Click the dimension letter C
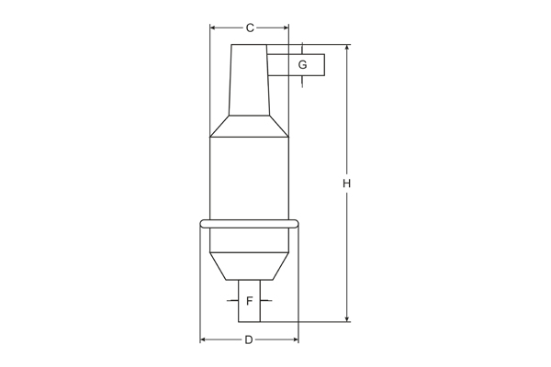tap(250, 28)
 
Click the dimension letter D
tap(249, 340)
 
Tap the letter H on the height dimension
tap(347, 183)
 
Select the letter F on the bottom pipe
tap(250, 301)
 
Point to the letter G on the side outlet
tap(302, 64)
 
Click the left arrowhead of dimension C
tap(212, 28)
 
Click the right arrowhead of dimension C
tap(286, 28)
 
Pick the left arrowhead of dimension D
tap(203, 339)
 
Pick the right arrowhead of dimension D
tap(296, 339)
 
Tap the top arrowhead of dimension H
tap(347, 48)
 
